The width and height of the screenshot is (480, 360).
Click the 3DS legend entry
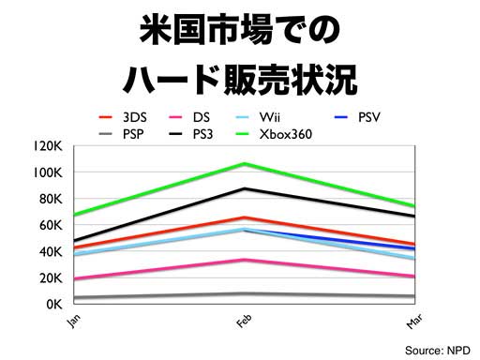(123, 117)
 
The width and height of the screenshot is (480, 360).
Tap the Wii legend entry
(258, 117)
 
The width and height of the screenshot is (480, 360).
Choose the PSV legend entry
(357, 117)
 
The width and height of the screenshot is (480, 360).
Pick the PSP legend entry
(121, 134)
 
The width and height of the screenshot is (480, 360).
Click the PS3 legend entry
(190, 134)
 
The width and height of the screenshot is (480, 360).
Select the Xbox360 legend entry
(274, 134)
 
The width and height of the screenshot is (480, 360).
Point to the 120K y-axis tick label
(48, 145)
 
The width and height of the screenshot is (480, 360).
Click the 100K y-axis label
(48, 172)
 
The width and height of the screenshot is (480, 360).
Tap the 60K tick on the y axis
(51, 225)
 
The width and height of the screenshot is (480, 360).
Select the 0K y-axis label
(53, 304)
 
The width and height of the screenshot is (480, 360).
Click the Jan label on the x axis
(74, 321)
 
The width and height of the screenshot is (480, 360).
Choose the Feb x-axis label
(244, 321)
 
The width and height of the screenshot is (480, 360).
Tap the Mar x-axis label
(414, 321)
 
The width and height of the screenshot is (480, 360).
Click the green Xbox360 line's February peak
(245, 164)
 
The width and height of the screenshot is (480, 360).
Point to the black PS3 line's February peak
(245, 188)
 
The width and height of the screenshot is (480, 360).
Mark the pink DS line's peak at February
(245, 260)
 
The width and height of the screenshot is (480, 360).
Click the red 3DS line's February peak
(245, 217)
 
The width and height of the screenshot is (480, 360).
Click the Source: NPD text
(438, 351)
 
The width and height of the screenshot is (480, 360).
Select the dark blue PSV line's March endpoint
(414, 248)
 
